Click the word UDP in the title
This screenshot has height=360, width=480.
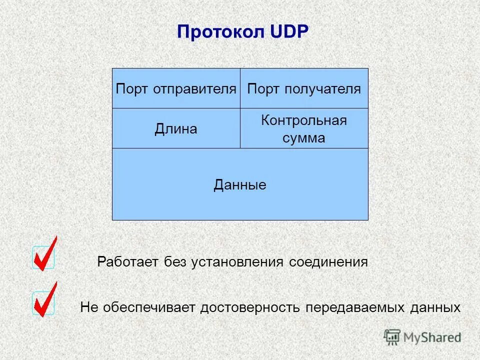tap(291, 32)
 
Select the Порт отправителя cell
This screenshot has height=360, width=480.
tap(176, 89)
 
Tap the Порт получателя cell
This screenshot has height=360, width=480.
tap(304, 89)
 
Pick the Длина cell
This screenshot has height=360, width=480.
tap(176, 129)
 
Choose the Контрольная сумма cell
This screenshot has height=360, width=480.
tap(304, 129)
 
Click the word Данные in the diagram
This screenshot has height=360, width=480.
tap(240, 185)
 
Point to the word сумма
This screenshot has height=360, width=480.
tap(304, 138)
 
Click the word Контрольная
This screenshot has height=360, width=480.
tap(304, 120)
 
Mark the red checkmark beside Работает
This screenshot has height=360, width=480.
tap(44, 255)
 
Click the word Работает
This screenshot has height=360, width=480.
tap(127, 262)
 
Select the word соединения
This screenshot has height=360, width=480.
tap(328, 262)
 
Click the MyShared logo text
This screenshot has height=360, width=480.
tap(433, 337)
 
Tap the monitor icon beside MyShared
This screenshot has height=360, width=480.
tap(392, 336)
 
